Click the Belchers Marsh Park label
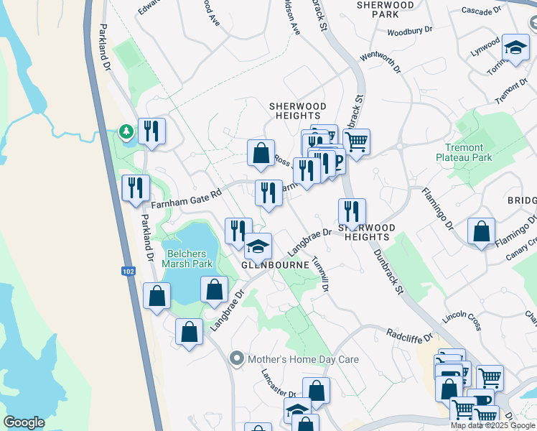[x=190, y=258]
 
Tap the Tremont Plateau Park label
[x=464, y=152]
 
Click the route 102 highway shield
[x=129, y=271]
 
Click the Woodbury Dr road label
[x=410, y=32]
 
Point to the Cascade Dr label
[x=481, y=11]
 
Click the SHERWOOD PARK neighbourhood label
[x=386, y=9]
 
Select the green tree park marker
[x=127, y=132]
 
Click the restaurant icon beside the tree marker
[x=151, y=130]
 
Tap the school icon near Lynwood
[x=515, y=47]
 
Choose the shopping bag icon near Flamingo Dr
[x=481, y=231]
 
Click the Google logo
[x=24, y=422]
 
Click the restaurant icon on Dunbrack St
[x=352, y=211]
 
